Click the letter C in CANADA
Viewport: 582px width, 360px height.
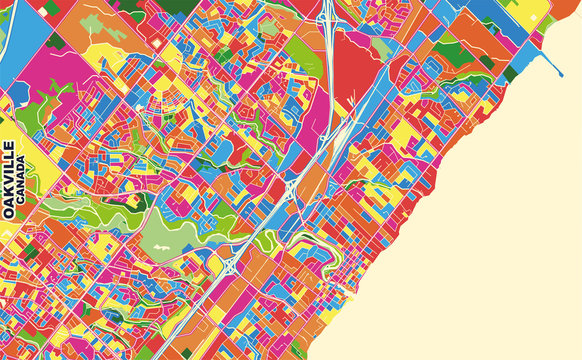(23, 203)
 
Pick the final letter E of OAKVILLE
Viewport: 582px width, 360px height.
(10, 147)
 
